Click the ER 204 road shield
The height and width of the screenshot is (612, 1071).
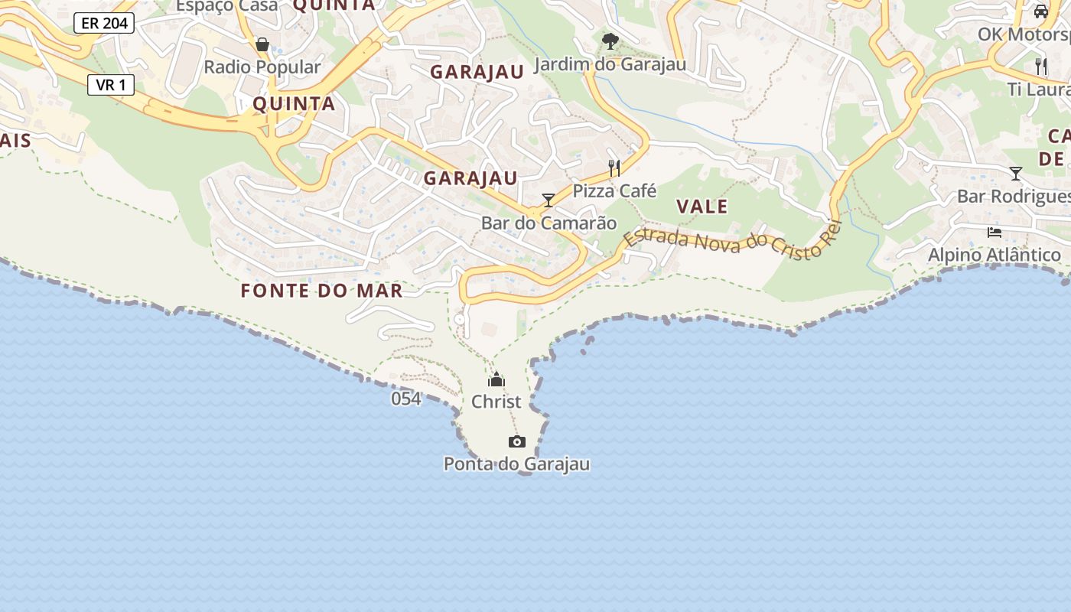point(104,23)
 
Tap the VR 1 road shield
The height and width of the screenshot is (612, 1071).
point(111,85)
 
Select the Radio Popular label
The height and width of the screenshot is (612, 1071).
point(262,67)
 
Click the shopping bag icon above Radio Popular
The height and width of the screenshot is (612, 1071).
point(262,44)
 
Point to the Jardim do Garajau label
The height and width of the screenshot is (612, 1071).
point(610,64)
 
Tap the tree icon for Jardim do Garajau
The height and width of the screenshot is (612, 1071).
point(610,41)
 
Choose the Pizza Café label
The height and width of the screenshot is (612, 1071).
point(614,190)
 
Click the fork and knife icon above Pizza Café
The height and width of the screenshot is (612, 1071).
point(614,168)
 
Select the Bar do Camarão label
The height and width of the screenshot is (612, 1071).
point(549,223)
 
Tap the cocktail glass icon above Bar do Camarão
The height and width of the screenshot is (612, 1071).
point(549,200)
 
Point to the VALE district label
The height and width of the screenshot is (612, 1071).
point(702,207)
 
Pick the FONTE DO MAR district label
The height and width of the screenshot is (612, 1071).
point(321,291)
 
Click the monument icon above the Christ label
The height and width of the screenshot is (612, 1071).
point(496,379)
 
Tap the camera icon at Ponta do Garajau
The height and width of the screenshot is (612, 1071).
point(517,441)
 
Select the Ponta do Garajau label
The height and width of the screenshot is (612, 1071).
point(517,464)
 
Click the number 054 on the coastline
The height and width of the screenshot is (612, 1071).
point(406,399)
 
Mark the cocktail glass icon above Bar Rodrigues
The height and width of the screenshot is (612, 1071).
point(1016,174)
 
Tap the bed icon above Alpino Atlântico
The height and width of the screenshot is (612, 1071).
point(994,232)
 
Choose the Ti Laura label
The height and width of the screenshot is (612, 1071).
point(1038,90)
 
